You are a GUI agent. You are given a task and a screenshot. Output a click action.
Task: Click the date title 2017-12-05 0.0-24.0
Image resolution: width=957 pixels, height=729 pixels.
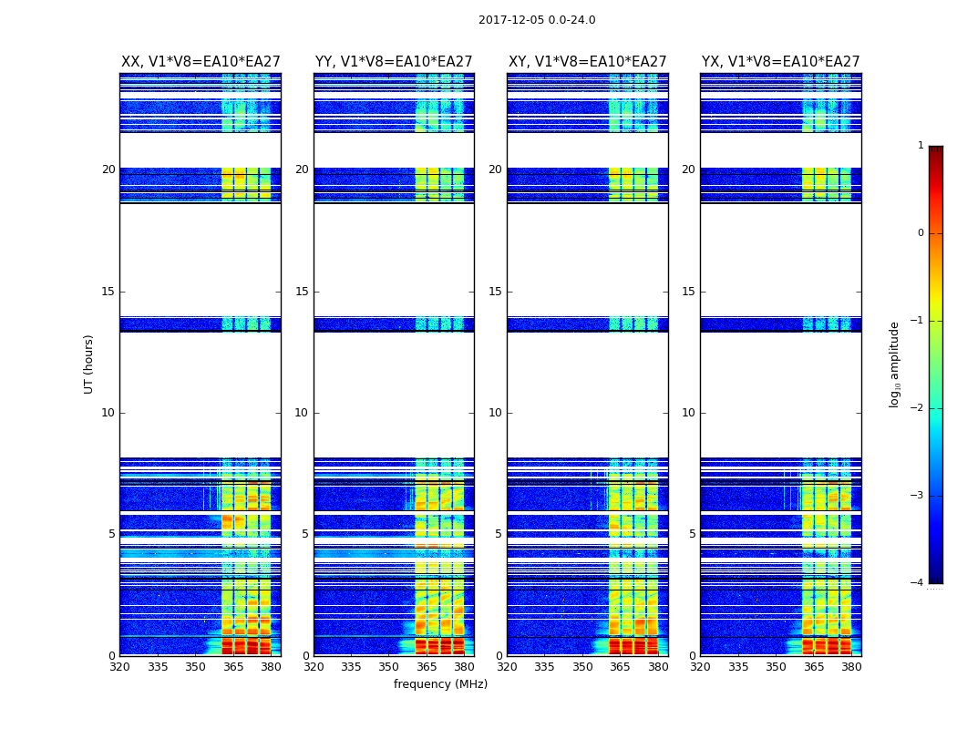click(x=537, y=20)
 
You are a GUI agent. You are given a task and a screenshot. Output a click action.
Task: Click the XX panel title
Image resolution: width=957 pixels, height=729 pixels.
click(x=201, y=62)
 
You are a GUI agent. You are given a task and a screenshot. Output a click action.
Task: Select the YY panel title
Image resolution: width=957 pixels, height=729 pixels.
click(x=394, y=62)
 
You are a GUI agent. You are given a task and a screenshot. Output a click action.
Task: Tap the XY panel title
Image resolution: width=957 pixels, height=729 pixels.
click(x=587, y=62)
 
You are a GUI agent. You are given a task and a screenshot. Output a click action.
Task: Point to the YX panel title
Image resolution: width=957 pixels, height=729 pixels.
click(x=780, y=62)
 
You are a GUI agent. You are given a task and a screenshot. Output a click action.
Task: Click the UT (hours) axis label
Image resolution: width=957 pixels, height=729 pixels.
click(x=88, y=364)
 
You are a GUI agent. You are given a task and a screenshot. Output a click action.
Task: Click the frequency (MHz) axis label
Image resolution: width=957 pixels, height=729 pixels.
click(x=440, y=684)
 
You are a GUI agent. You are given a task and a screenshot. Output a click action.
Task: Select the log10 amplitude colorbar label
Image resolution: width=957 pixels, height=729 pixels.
click(x=894, y=364)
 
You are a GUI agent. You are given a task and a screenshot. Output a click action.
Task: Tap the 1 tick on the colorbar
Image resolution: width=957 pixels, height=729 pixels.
click(x=921, y=146)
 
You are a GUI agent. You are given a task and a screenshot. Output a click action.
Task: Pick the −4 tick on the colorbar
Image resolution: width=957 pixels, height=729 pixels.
click(x=918, y=583)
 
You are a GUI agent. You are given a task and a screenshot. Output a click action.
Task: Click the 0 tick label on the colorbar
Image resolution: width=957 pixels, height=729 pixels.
click(x=921, y=233)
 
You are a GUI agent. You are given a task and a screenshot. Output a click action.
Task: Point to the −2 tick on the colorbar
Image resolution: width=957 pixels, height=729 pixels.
click(x=918, y=408)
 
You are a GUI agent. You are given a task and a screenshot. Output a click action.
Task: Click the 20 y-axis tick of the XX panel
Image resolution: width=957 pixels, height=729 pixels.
click(x=108, y=169)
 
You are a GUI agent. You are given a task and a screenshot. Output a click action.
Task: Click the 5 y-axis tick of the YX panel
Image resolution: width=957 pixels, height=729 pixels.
click(x=692, y=534)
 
